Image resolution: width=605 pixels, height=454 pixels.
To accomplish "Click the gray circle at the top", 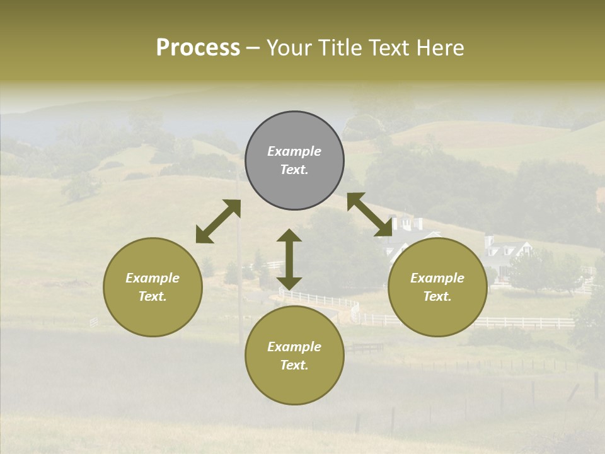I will (x=294, y=161).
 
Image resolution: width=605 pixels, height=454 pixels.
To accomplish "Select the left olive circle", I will (x=153, y=287).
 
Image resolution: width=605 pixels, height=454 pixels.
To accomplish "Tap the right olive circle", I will (x=437, y=287).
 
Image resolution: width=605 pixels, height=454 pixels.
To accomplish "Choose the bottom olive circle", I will (x=294, y=356).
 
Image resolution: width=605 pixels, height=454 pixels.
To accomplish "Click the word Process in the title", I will (x=198, y=48).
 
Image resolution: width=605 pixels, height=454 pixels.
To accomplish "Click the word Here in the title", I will (x=441, y=48).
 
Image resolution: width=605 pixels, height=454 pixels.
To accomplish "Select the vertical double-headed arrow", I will (x=289, y=259).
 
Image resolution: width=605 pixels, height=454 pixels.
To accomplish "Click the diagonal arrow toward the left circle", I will (x=218, y=221).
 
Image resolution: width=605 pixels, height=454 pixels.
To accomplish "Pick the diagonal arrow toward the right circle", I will (x=370, y=215).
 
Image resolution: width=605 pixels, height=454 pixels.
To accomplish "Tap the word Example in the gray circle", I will (x=294, y=151).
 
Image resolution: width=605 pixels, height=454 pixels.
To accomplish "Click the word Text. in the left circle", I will (x=153, y=296).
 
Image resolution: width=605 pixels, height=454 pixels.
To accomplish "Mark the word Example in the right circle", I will (x=437, y=278).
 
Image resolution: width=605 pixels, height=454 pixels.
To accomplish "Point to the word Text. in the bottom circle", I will (x=294, y=365).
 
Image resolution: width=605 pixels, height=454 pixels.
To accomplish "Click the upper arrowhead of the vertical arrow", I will (x=289, y=235).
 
